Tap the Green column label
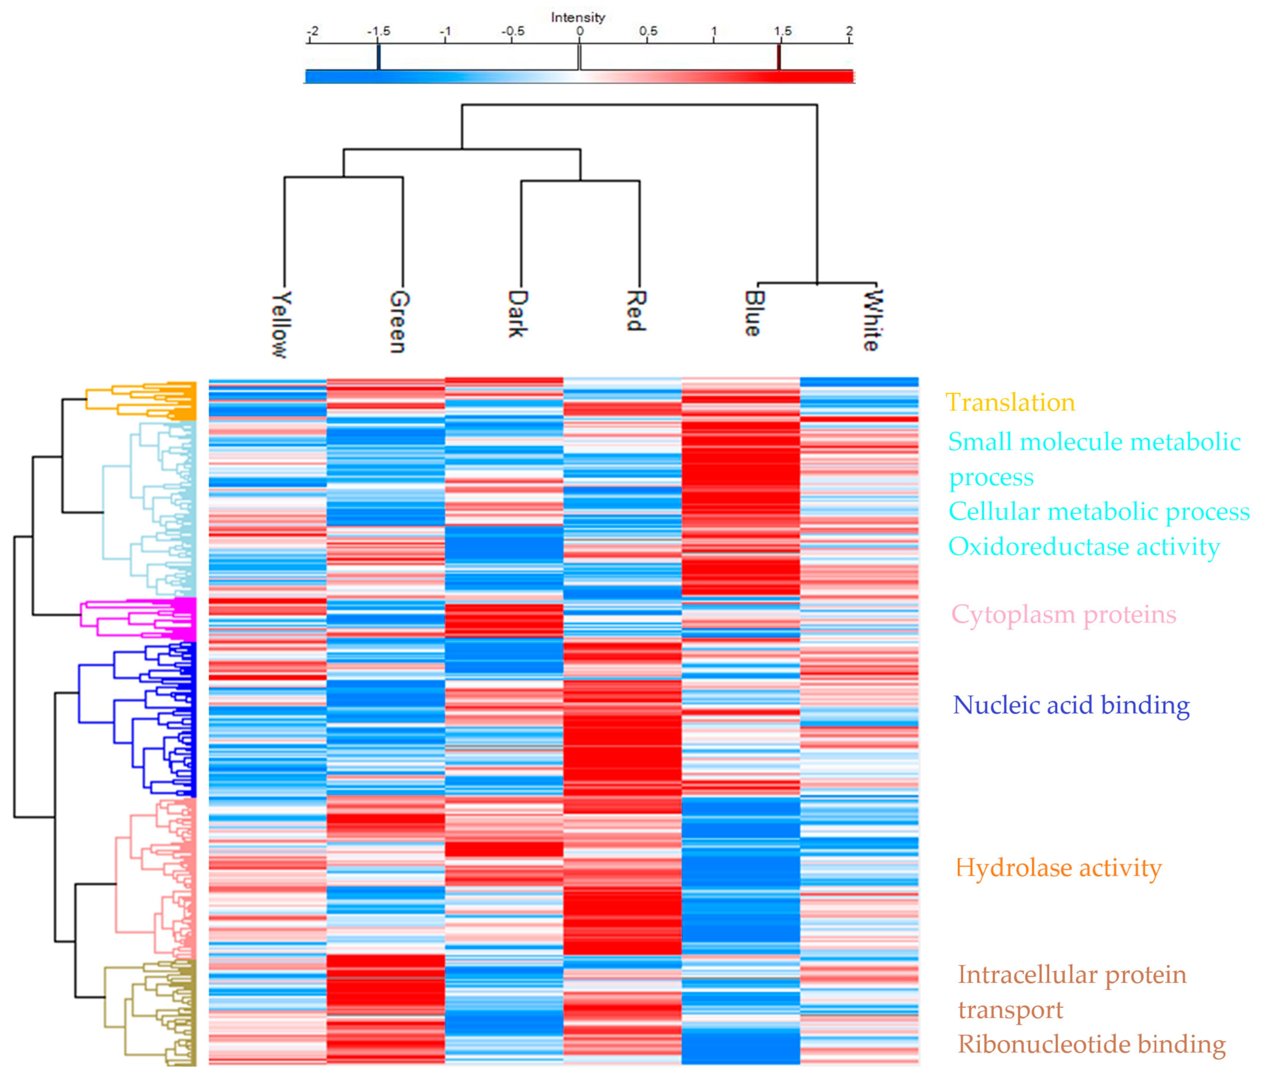tap(399, 321)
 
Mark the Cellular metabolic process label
tap(1098, 511)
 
